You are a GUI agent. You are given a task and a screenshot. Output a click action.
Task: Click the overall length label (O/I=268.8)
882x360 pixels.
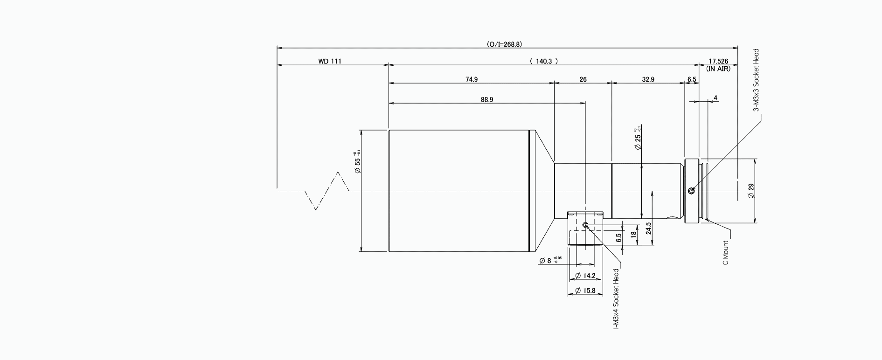click(x=504, y=44)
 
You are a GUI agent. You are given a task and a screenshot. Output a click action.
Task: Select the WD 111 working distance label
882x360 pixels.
click(x=329, y=61)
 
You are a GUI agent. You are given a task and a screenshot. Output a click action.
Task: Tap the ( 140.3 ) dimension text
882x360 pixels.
click(x=544, y=61)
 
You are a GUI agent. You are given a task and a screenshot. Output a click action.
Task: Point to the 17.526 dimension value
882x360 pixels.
click(x=718, y=61)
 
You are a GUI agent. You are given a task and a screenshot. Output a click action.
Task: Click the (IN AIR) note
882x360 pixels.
click(x=718, y=69)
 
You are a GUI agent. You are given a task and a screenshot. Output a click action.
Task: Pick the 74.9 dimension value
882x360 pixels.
click(x=472, y=80)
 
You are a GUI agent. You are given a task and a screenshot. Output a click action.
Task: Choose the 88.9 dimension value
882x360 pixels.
click(x=486, y=100)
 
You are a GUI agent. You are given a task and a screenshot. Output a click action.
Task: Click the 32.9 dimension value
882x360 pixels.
click(x=648, y=80)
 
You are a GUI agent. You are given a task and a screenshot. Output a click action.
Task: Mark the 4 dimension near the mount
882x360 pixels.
click(x=715, y=98)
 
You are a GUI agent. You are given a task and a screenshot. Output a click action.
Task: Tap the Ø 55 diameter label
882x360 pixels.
click(x=358, y=163)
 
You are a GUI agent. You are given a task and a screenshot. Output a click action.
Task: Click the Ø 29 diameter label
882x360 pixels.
click(x=751, y=191)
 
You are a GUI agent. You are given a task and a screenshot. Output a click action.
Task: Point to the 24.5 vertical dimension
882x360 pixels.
click(x=648, y=230)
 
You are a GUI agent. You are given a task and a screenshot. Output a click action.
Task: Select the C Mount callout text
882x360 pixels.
click(x=725, y=253)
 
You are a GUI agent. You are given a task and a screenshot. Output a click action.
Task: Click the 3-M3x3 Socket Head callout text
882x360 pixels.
click(x=757, y=80)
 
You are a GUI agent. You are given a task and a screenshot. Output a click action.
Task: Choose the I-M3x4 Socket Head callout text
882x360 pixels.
click(x=616, y=299)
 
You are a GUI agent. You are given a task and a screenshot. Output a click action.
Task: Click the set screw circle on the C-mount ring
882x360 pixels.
click(x=691, y=190)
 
